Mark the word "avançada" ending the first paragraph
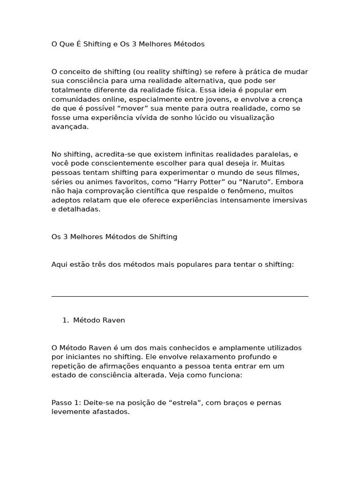[x=69, y=127]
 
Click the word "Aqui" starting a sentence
[x=60, y=264]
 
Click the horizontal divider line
[x=180, y=296]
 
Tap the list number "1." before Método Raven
[x=66, y=320]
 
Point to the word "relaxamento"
[x=215, y=357]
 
